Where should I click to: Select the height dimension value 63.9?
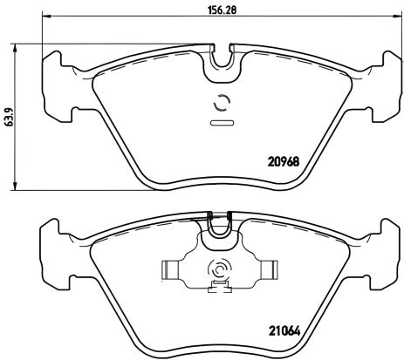[8, 115]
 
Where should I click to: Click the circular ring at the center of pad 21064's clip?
[219, 271]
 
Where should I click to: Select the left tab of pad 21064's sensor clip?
[171, 271]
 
